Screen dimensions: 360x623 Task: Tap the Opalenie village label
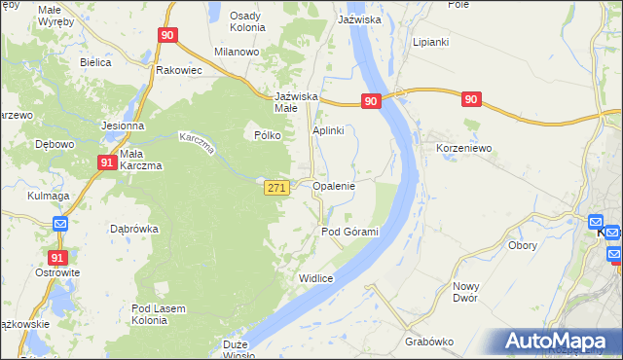point(333,185)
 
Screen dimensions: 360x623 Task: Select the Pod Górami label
point(349,232)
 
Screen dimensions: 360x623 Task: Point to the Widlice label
point(316,279)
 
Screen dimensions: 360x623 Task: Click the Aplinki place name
point(328,131)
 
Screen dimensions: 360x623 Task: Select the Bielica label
point(95,62)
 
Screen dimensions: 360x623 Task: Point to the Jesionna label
point(123,126)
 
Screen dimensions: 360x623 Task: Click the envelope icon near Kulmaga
point(59,224)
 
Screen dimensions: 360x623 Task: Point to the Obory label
point(524,245)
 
